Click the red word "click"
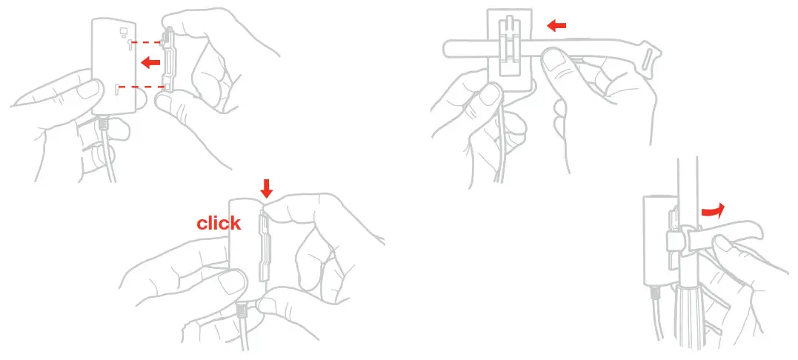[x=219, y=223]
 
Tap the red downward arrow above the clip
[x=267, y=189]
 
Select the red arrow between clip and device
[x=151, y=63]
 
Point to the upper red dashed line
[x=148, y=41]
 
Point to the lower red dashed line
[x=143, y=87]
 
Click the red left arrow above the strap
[x=556, y=26]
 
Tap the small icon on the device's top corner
[x=123, y=32]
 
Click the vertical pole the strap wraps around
[x=688, y=185]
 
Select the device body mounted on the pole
[x=654, y=237]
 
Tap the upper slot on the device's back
[x=130, y=47]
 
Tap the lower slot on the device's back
[x=119, y=90]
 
